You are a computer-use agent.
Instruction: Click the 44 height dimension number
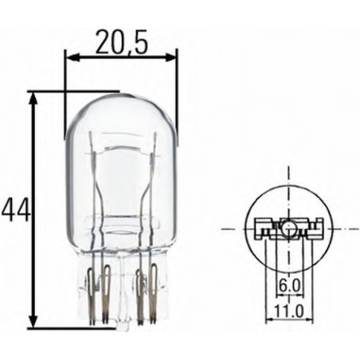point(16,209)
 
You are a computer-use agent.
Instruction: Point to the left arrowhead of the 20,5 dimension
point(70,57)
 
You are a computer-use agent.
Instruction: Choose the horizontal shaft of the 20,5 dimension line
point(119,57)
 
